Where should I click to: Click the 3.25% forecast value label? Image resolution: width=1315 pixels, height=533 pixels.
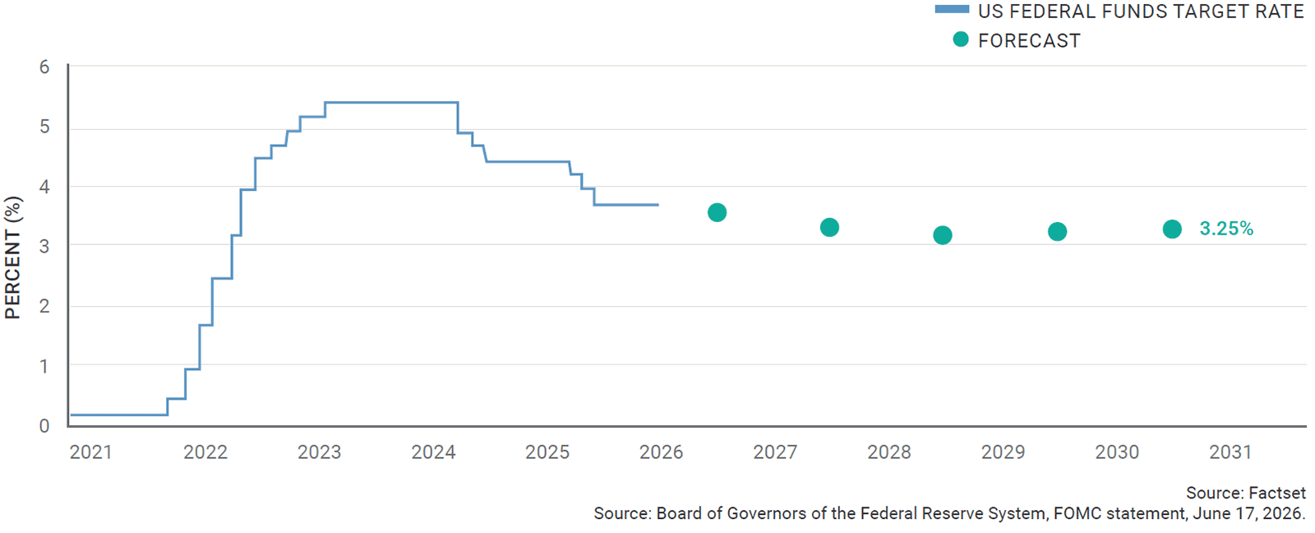tap(1225, 229)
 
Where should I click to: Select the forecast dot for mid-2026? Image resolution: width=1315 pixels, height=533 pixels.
tap(717, 212)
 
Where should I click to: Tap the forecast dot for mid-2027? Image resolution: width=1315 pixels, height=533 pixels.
tap(829, 227)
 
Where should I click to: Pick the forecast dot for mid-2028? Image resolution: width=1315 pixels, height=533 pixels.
tap(942, 235)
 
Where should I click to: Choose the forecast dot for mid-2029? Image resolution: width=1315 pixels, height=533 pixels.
tap(1057, 231)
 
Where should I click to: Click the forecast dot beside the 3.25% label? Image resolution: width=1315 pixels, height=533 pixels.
tap(1172, 229)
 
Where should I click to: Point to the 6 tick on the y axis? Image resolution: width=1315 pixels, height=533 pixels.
tap(44, 67)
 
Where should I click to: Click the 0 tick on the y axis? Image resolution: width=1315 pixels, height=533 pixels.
tap(44, 426)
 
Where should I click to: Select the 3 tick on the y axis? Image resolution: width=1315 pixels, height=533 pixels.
tap(44, 246)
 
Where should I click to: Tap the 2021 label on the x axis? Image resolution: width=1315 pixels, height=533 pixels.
tap(90, 452)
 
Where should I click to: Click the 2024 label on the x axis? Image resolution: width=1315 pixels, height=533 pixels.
tap(433, 452)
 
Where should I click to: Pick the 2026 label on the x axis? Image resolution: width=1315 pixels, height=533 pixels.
tap(661, 452)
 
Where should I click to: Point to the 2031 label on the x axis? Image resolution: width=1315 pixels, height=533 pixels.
tap(1230, 452)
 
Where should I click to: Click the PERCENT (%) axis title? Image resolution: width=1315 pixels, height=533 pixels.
tap(13, 257)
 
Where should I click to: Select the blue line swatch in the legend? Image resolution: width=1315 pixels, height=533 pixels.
tap(953, 9)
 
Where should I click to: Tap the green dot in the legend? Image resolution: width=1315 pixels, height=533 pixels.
tap(961, 39)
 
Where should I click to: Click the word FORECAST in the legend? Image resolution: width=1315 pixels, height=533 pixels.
tap(1029, 40)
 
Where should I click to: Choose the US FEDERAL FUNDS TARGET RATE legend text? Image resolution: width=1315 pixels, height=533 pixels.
tap(1141, 12)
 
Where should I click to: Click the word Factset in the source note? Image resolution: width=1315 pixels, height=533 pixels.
tap(1277, 493)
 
